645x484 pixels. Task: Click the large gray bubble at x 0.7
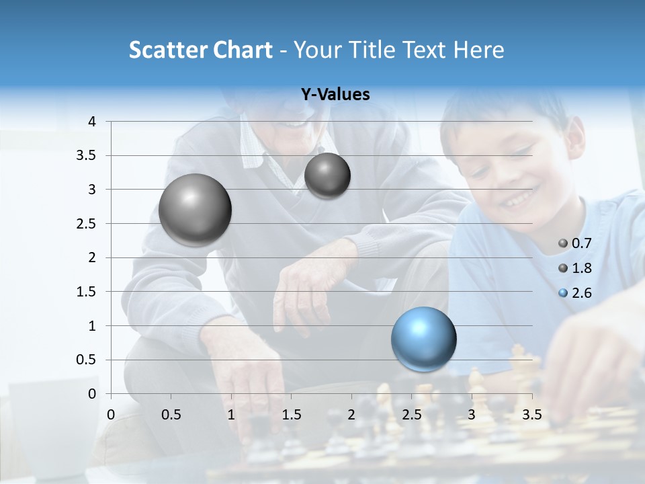pyautogui.click(x=195, y=210)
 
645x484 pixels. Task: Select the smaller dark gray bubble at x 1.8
pyautogui.click(x=327, y=176)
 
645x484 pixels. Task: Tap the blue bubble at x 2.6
pyautogui.click(x=423, y=339)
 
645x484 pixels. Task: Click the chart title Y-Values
pyautogui.click(x=335, y=95)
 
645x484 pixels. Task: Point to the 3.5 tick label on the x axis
pyautogui.click(x=531, y=415)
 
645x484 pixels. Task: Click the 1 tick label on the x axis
pyautogui.click(x=231, y=415)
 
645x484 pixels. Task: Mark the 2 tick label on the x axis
pyautogui.click(x=351, y=415)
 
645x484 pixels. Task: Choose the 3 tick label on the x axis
pyautogui.click(x=472, y=415)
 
